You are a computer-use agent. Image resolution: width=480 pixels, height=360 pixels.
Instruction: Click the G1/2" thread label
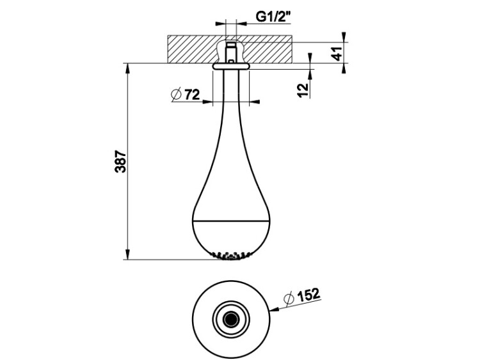tap(273, 17)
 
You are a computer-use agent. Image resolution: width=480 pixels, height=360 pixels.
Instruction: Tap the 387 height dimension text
tap(120, 161)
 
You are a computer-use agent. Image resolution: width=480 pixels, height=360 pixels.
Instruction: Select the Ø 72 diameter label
tap(186, 95)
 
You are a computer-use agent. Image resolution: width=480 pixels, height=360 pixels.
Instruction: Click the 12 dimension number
tap(303, 90)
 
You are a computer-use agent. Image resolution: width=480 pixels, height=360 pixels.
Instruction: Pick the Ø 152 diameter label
tap(302, 295)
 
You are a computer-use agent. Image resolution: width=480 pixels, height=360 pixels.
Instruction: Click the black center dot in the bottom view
tap(231, 320)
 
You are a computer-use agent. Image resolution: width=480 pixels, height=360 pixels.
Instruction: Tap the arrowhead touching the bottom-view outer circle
tap(275, 309)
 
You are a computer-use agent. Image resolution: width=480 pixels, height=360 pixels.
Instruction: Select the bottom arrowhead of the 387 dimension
tap(127, 254)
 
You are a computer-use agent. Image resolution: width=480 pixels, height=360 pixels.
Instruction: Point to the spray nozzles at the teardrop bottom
tap(231, 256)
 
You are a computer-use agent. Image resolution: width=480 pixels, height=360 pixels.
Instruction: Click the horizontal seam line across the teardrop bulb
tap(231, 220)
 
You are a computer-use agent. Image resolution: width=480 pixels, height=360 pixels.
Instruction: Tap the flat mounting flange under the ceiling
tap(231, 66)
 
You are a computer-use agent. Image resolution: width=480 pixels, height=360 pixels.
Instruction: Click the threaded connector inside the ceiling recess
tap(231, 52)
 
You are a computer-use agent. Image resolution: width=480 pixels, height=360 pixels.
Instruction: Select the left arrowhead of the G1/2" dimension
tap(220, 23)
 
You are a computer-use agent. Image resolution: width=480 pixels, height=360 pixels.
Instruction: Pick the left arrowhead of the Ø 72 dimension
tap(207, 102)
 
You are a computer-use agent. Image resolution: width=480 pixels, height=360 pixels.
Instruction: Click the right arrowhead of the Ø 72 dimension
tap(255, 102)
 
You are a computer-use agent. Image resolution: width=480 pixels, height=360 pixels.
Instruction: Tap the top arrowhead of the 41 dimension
tap(344, 36)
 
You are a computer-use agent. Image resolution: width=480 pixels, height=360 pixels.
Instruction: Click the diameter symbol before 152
tap(289, 297)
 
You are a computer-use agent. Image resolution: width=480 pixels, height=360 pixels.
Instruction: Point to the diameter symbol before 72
tap(177, 95)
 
